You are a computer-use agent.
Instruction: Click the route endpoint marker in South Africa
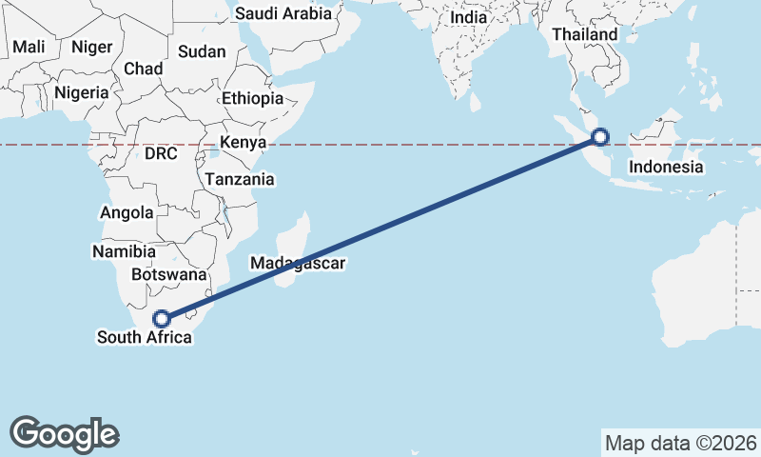[163, 318]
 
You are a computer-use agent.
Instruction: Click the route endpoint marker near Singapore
[600, 137]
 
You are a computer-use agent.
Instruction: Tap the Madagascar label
[297, 263]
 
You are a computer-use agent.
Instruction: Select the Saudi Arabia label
[283, 13]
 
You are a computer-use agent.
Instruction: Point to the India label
[468, 17]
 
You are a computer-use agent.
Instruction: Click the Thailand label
[584, 34]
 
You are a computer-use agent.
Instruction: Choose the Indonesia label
[666, 168]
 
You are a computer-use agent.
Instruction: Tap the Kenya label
[242, 143]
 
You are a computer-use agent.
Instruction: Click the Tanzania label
[239, 179]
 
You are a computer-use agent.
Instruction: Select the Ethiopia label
[252, 98]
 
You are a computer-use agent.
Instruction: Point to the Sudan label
[202, 51]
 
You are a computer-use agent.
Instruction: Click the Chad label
[144, 69]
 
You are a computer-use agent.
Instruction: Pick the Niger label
[92, 47]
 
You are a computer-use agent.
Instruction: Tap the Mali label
[29, 47]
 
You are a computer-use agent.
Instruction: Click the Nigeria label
[83, 92]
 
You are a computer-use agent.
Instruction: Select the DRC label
[162, 152]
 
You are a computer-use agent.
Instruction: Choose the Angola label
[127, 213]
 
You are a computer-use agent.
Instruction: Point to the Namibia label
[124, 252]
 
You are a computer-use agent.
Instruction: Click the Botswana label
[169, 274]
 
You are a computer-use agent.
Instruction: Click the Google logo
[65, 434]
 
